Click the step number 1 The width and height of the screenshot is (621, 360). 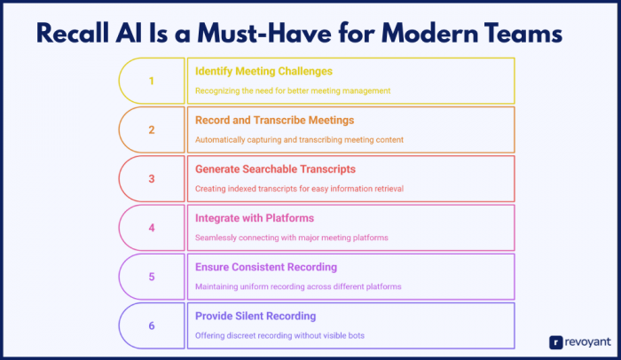(151, 81)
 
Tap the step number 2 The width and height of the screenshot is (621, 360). (151, 129)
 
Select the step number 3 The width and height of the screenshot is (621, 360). (151, 178)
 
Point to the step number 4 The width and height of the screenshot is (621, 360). (151, 228)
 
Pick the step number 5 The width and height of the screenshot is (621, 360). (151, 277)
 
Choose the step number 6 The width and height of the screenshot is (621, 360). (151, 325)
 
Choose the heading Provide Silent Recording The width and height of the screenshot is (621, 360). (255, 316)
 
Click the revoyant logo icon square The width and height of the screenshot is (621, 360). (555, 340)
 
